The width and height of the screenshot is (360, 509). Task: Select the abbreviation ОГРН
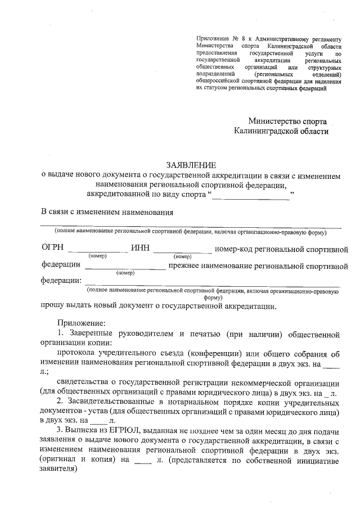pyautogui.click(x=52, y=248)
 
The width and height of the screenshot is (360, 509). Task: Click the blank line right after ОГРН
pyautogui.click(x=97, y=250)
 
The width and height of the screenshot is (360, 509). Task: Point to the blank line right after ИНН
pyautogui.click(x=182, y=250)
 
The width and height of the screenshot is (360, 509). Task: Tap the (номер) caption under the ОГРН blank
pyautogui.click(x=97, y=256)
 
